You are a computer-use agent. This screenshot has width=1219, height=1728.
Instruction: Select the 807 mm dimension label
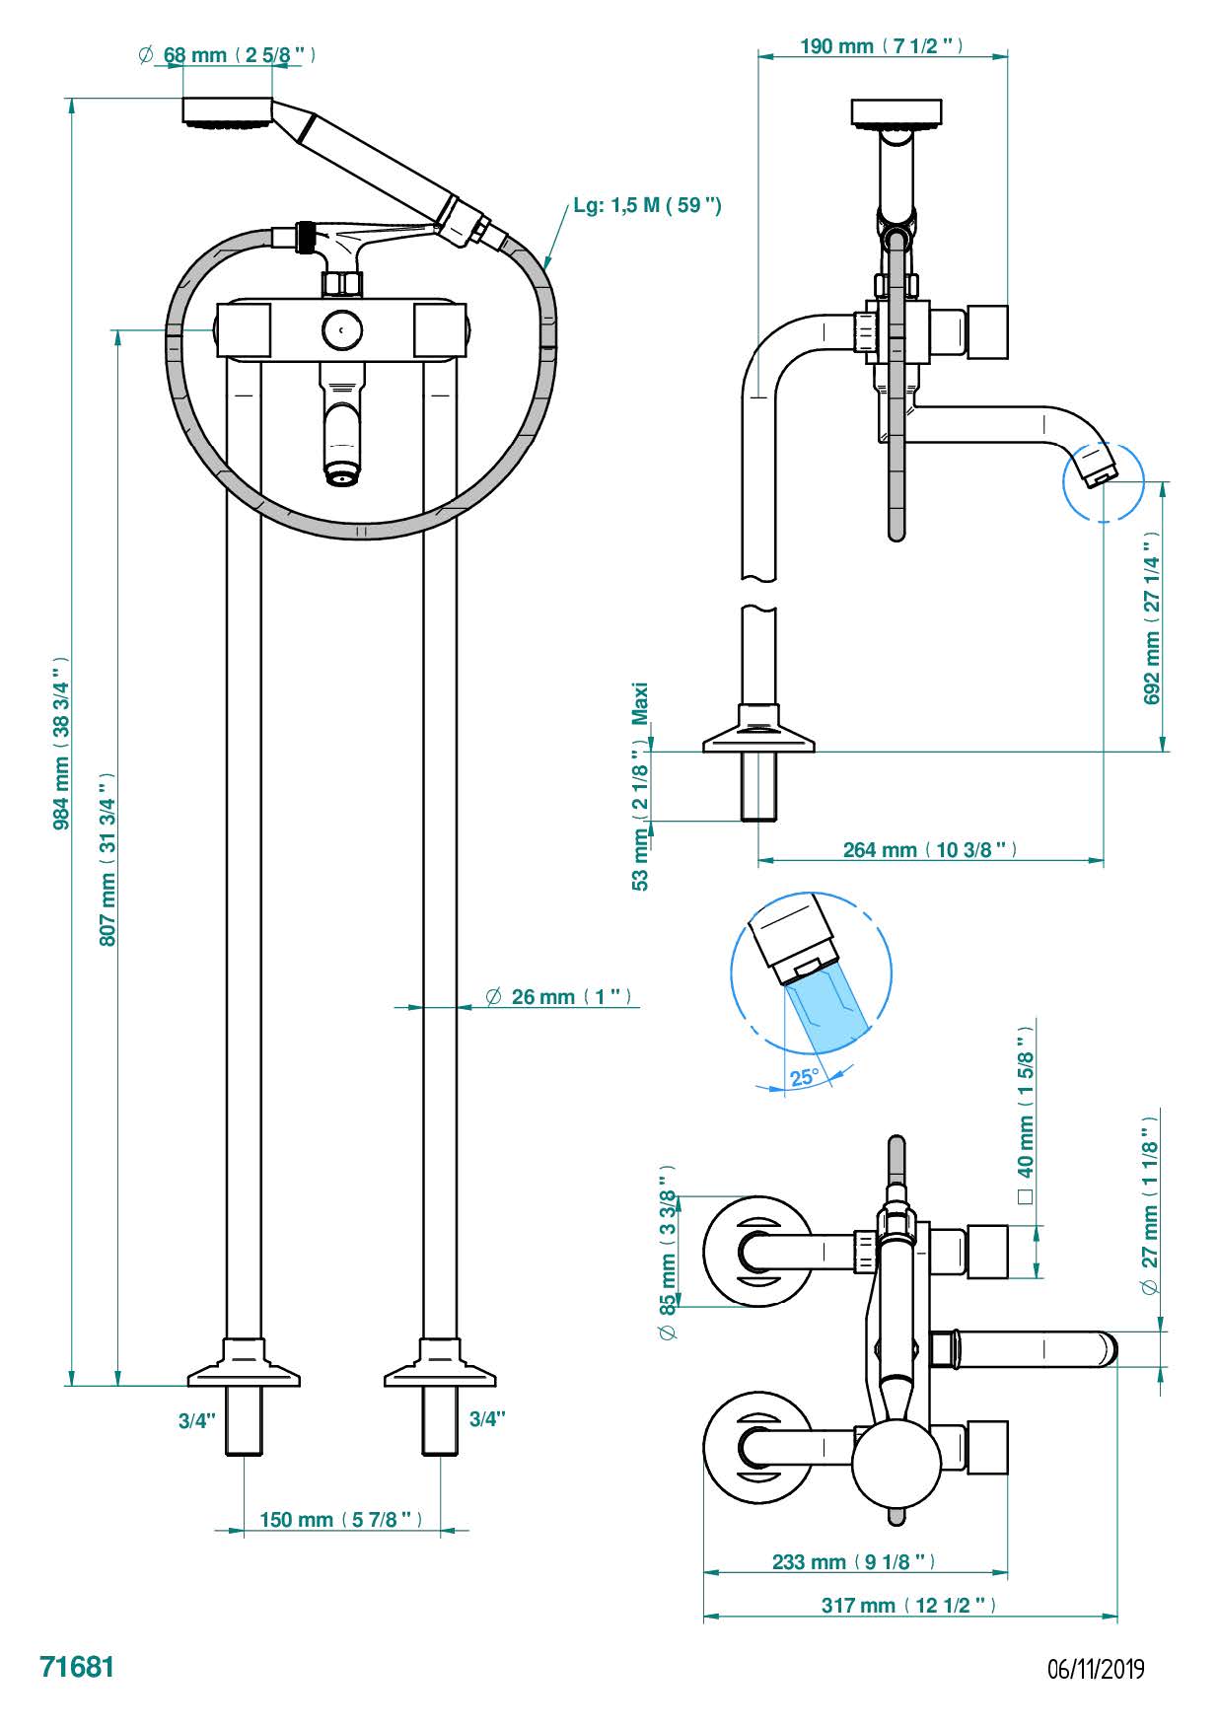[108, 858]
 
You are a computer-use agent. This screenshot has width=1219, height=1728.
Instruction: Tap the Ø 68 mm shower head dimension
[228, 55]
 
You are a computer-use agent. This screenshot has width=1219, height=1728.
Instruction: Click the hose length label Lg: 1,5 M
[647, 205]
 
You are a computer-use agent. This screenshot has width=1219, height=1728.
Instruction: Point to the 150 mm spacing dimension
[340, 1520]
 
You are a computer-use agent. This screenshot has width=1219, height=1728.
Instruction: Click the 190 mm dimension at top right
[881, 46]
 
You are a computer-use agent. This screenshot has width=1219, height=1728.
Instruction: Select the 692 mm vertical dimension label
[1152, 618]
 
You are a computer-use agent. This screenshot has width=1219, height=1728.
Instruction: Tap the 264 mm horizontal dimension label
[929, 849]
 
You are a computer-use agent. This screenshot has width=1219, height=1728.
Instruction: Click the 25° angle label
[804, 1077]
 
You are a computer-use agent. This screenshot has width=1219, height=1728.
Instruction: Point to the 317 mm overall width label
[908, 1606]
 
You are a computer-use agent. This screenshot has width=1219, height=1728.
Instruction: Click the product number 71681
[77, 1668]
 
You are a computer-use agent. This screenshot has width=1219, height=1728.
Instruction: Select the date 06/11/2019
[1096, 1670]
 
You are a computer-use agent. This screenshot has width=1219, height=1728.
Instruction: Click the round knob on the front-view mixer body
[341, 330]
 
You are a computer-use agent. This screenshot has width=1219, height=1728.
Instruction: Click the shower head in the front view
[228, 111]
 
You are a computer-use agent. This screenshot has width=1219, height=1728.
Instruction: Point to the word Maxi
[641, 703]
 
